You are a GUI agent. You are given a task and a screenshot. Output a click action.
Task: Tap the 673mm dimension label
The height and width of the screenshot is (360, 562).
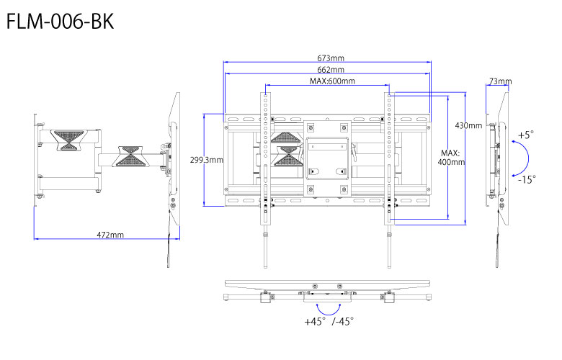(329, 58)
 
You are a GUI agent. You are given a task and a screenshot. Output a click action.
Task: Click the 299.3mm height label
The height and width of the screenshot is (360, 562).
(206, 160)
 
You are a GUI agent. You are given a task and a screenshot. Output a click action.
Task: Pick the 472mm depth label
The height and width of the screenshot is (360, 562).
(110, 235)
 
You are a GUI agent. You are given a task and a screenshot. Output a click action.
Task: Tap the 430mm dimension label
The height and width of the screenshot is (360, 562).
(468, 125)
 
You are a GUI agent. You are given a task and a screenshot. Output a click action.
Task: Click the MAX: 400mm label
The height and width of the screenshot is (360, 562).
(452, 158)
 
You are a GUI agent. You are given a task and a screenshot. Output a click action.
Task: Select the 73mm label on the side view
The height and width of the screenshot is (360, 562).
(499, 81)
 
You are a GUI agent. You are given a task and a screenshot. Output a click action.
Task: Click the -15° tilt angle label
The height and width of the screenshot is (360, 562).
(526, 180)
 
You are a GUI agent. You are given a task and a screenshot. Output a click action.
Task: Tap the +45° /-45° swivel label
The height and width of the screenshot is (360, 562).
(329, 321)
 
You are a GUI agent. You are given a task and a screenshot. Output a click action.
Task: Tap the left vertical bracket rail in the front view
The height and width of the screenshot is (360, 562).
(266, 166)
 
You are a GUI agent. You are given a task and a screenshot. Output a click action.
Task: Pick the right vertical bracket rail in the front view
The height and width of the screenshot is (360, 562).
(391, 166)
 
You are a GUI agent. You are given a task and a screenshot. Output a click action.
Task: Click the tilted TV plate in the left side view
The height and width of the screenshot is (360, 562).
(174, 151)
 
